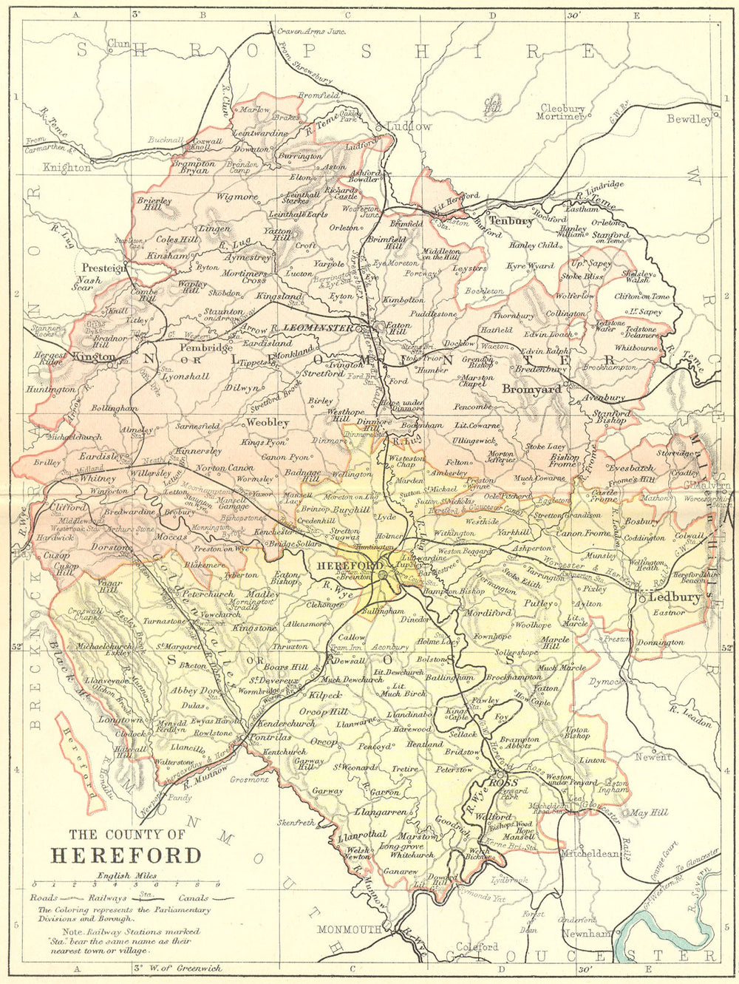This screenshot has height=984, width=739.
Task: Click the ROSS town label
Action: coord(503,783)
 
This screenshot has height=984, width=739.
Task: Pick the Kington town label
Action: coord(95,356)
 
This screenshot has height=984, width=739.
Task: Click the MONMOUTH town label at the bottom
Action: coord(351,929)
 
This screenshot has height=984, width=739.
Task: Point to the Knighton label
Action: coord(67,168)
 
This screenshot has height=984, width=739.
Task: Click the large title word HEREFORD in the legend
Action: coord(126,855)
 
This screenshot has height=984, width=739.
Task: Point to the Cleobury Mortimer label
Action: coord(562,112)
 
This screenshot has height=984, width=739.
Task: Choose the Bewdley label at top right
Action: coord(689,119)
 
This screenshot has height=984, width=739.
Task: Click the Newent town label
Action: coord(653,756)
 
